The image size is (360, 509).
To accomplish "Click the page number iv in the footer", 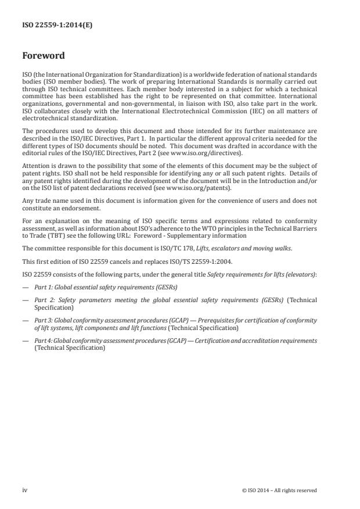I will pos(25,490).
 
